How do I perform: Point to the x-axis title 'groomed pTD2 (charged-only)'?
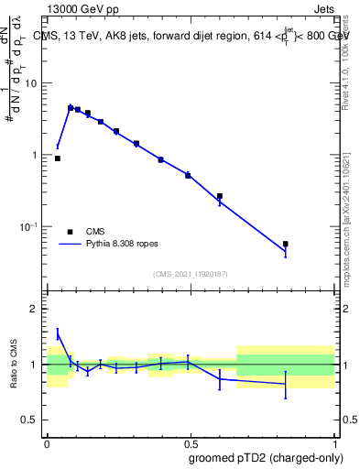pyautogui.click(x=266, y=458)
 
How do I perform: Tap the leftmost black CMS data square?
pyautogui.click(x=58, y=158)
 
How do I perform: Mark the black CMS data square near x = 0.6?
pyautogui.click(x=220, y=196)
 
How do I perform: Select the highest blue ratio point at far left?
pyautogui.click(x=58, y=334)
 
